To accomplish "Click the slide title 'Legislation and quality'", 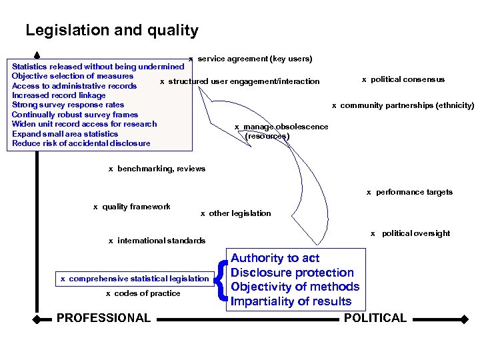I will [x=112, y=31].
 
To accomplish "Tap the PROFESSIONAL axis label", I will [x=103, y=318].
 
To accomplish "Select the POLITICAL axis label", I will [x=375, y=318].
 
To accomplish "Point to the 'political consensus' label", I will [x=407, y=79].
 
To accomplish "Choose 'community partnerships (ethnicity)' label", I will [x=407, y=105].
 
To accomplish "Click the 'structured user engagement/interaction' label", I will [x=243, y=82].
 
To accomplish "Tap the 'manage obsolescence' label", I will [x=285, y=127].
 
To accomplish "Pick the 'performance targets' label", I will [x=414, y=192].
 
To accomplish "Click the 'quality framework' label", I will [x=136, y=207].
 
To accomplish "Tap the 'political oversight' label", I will [x=415, y=233].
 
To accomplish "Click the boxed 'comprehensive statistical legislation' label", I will [x=135, y=279].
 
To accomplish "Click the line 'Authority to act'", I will [x=275, y=258].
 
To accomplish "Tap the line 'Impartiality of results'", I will [x=291, y=301].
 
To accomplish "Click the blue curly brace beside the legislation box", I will [x=221, y=280].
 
